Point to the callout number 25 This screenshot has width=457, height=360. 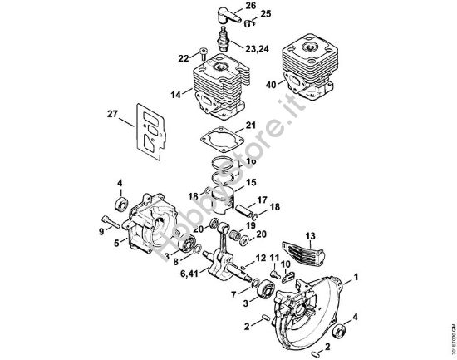point(265,15)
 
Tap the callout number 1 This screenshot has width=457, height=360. point(356,274)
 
